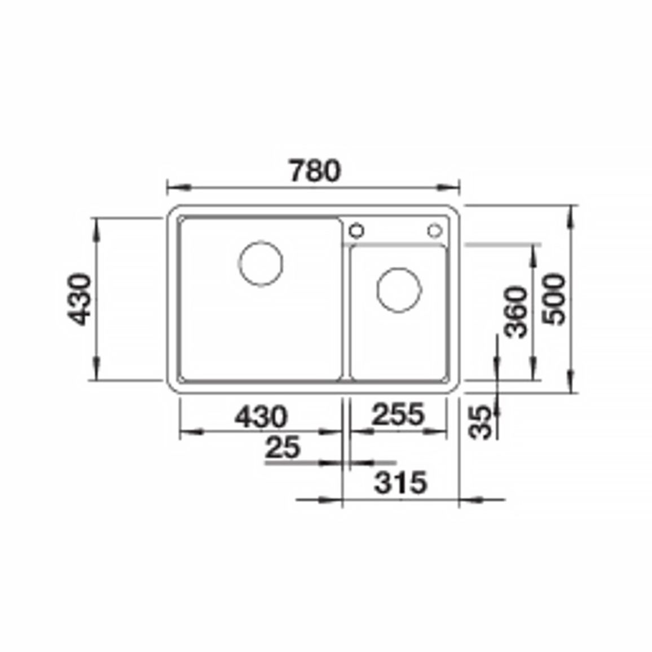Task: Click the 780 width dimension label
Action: pyautogui.click(x=315, y=170)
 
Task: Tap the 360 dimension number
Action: pyautogui.click(x=515, y=311)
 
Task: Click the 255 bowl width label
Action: pyautogui.click(x=398, y=414)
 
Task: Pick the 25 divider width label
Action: pyautogui.click(x=283, y=447)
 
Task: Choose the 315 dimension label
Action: pyautogui.click(x=400, y=482)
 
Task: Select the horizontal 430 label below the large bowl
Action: pyautogui.click(x=261, y=416)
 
